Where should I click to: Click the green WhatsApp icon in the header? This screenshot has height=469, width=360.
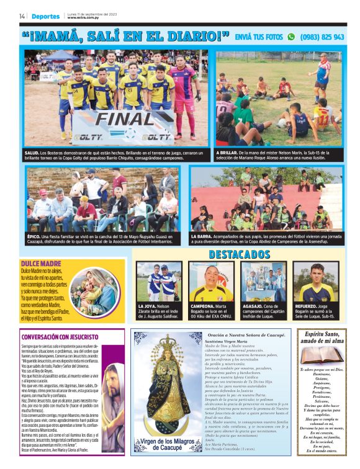(291, 37)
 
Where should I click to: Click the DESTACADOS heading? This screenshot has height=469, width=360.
(239, 254)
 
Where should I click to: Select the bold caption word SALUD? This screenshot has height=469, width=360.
(32, 152)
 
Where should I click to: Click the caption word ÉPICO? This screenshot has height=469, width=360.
(34, 236)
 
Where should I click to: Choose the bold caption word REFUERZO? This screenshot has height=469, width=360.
(305, 306)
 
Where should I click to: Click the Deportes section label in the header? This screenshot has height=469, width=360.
(46, 16)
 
